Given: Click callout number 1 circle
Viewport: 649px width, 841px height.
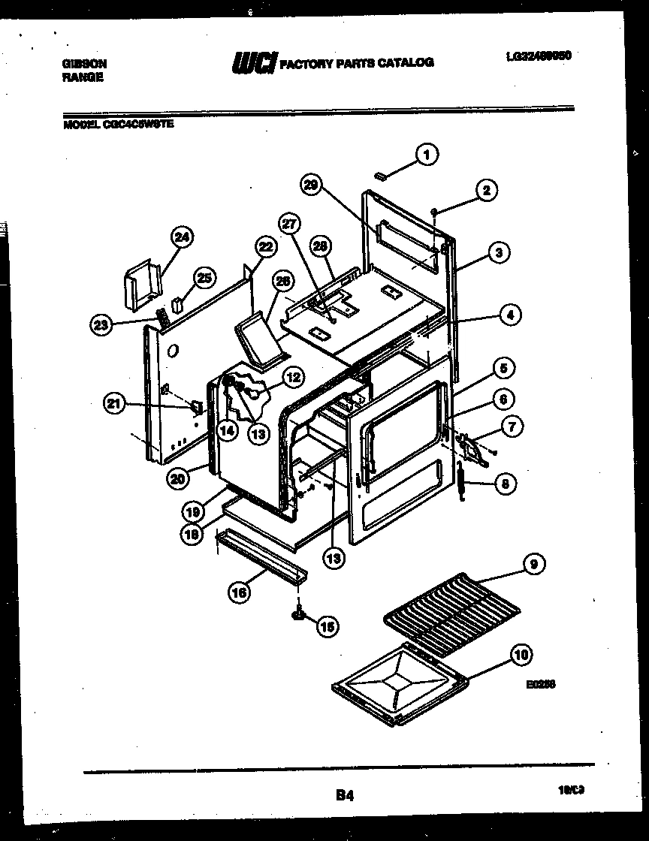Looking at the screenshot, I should pos(427,155).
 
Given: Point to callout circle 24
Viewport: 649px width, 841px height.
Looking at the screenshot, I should pos(182,238).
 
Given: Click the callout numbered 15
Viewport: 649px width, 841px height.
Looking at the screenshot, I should pos(327,626).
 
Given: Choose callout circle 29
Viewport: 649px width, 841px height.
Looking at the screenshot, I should pos(312,185).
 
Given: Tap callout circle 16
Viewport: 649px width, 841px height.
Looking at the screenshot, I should pos(239,592).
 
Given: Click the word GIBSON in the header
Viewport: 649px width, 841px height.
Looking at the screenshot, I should pos(83,65).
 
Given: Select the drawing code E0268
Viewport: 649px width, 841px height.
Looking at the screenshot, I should pos(541,684).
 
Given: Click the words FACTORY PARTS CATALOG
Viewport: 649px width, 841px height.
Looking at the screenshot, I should pos(357,63).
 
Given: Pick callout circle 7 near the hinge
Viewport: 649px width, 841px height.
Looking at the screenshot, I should pos(512,427).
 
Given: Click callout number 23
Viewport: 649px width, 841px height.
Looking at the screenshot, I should pos(101,324).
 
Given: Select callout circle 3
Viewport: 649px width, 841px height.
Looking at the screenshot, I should pos(498,253).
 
